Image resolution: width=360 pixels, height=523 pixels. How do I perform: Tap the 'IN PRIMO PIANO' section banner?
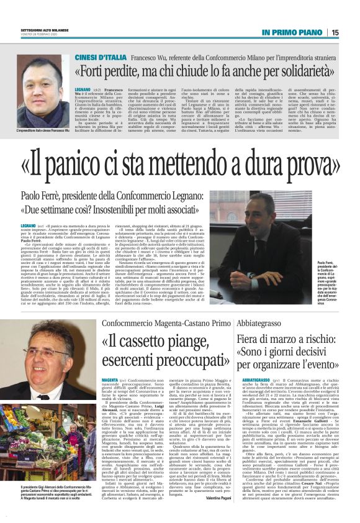pyautogui.click(x=294, y=32)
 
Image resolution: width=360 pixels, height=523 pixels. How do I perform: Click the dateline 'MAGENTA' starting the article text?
pyautogui.click(x=110, y=378)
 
